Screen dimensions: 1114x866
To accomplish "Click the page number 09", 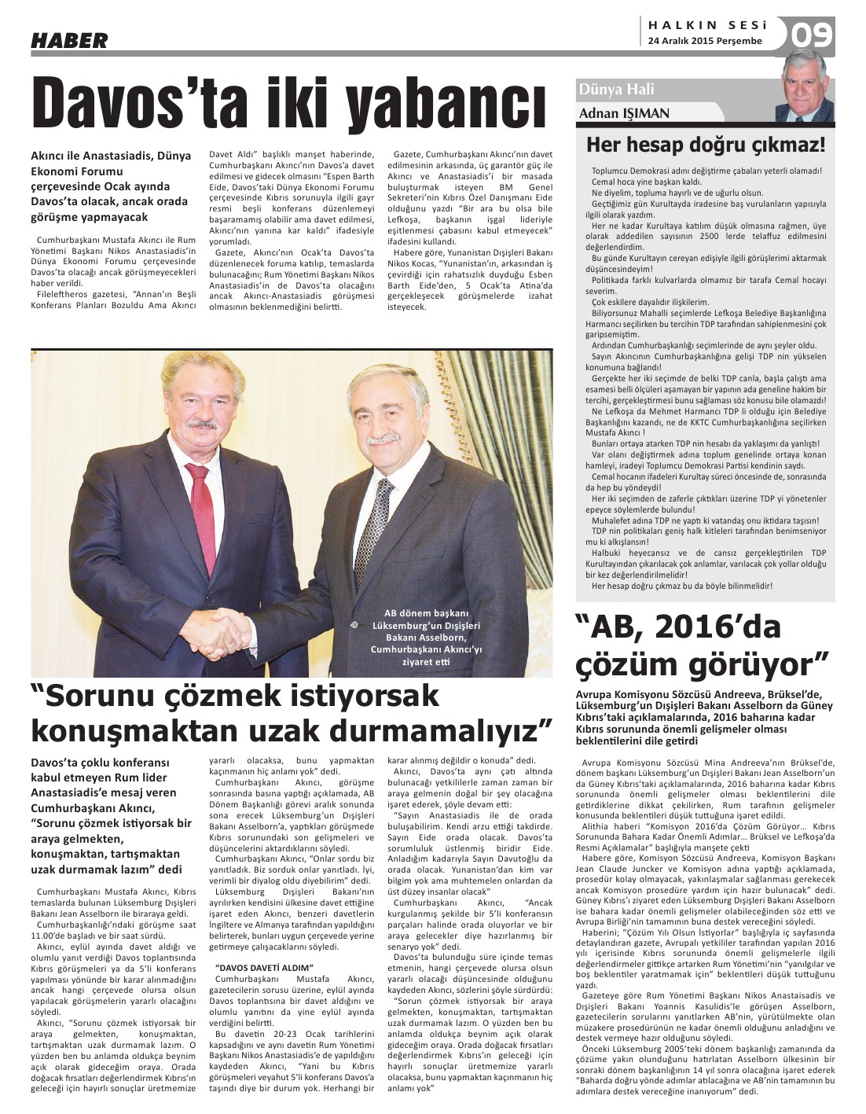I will [x=811, y=35].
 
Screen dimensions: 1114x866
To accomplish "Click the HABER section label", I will [x=69, y=40].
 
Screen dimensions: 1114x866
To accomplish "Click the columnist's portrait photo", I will [x=807, y=86].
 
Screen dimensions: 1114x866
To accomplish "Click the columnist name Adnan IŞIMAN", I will [x=624, y=113].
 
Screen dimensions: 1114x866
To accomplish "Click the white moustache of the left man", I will [x=202, y=425].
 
